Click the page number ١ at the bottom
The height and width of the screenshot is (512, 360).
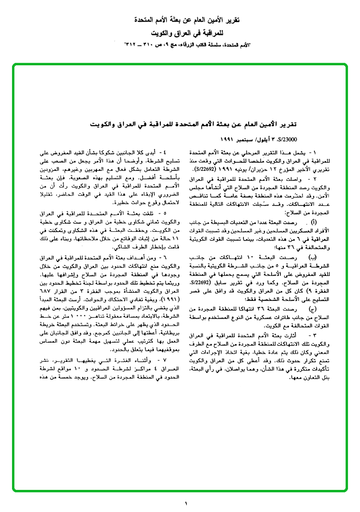click(x=186, y=503)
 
